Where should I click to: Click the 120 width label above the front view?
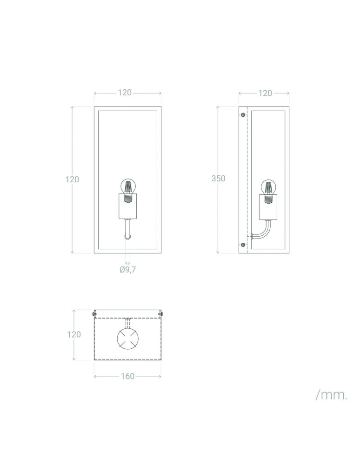pos(125,93)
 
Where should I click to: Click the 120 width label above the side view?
pos(265,93)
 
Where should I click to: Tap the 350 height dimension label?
pos(218,179)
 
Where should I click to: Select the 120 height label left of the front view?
pos(72,179)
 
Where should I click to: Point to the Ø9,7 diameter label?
pos(127,270)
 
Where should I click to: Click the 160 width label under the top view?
pos(127,376)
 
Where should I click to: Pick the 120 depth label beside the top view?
pos(74,334)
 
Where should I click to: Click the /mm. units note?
pos(332,395)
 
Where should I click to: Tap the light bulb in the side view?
pos(268,186)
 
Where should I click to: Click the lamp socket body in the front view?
pos(127,207)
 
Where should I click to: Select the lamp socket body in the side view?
pos(268,207)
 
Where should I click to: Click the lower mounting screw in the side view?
pos(243,245)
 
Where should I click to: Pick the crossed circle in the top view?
pos(127,338)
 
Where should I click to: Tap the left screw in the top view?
pos(94,315)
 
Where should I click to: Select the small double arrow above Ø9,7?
pos(127,263)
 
